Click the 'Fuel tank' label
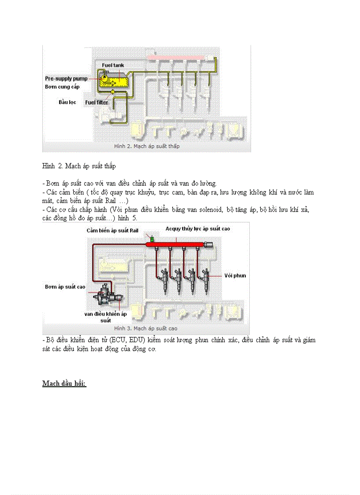coord(113,65)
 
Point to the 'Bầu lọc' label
coord(68,102)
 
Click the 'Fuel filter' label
coord(96,102)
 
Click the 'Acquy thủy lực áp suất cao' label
coord(198,229)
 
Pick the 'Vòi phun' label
coord(235,275)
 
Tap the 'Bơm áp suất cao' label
coord(65,287)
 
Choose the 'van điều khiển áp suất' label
coord(105,317)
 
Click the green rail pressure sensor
coord(151,238)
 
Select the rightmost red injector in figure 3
coord(206,278)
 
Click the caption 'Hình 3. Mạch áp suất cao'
coord(146,328)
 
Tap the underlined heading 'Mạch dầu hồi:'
coord(64,383)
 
